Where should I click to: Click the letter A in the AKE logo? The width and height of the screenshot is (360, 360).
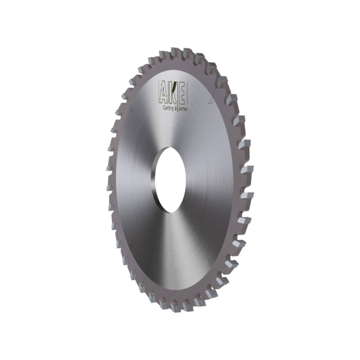164,94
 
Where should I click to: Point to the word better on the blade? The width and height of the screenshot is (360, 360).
183,109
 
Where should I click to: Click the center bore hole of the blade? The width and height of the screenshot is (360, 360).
170,180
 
